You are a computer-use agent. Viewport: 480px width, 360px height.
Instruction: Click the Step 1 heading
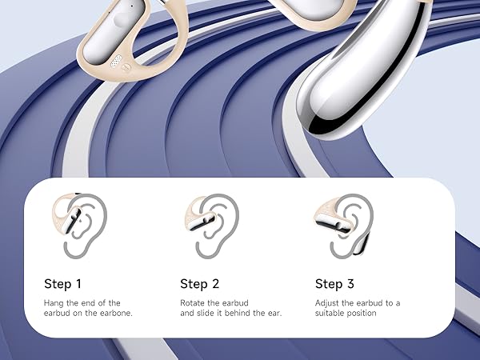click(x=63, y=283)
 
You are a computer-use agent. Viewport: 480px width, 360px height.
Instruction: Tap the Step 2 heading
click(x=199, y=283)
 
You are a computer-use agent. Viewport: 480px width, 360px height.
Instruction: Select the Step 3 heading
click(x=334, y=283)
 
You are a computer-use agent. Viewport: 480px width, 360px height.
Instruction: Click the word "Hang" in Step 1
click(x=54, y=302)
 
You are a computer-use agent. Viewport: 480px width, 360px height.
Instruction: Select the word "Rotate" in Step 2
click(x=193, y=302)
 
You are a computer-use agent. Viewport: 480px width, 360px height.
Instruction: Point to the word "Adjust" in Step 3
click(x=328, y=302)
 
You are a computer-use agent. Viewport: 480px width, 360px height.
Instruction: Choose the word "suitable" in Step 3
click(x=330, y=313)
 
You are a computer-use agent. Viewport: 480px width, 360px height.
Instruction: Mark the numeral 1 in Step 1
click(x=78, y=283)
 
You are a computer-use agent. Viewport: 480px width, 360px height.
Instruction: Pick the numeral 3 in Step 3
click(x=350, y=283)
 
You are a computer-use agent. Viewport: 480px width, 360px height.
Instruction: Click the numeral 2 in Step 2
click(x=214, y=283)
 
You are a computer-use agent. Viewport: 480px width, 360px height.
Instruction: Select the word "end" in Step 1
click(x=90, y=302)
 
